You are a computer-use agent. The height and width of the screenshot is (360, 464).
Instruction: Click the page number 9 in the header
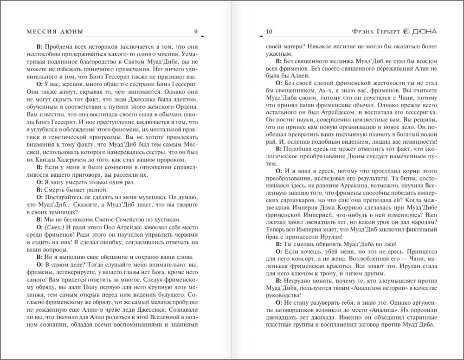tap(196, 32)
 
